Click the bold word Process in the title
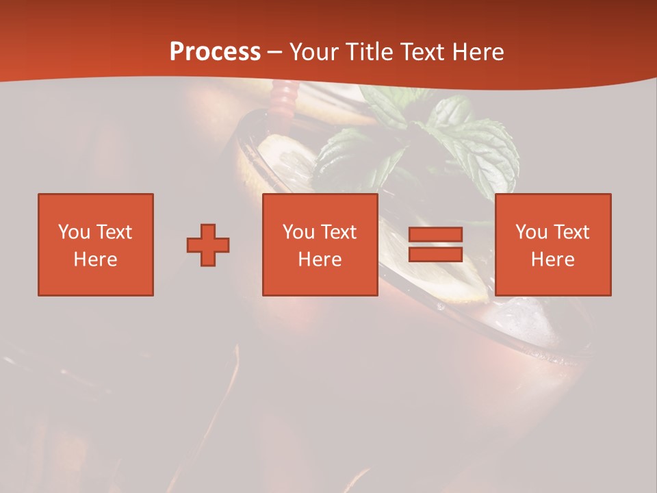pos(215,52)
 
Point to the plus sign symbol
pos(208,245)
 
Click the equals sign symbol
pos(435,244)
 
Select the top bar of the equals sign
pos(435,235)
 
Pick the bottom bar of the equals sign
pos(435,254)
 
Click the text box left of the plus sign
pos(96,244)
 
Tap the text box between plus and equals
pos(320,244)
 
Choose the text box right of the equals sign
pos(553,244)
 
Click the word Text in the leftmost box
pos(114,232)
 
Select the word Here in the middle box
pos(320,260)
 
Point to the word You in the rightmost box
pos(531,232)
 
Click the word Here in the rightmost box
pos(553,260)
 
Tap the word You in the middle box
pos(298,232)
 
